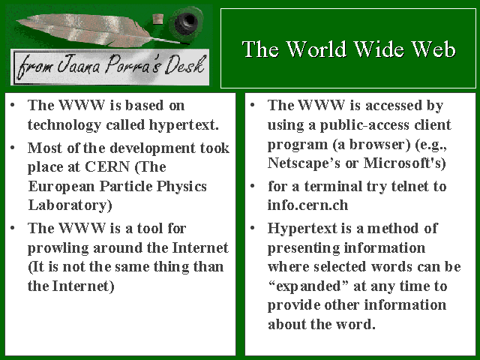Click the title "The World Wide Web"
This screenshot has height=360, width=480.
[349, 49]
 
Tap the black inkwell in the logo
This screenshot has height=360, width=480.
[186, 22]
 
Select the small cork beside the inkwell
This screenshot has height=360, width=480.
[157, 19]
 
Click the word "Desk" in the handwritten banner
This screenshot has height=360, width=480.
[184, 64]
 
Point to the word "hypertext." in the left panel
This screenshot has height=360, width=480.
[184, 125]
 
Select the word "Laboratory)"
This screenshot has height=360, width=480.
[70, 205]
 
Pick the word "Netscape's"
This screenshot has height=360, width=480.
[304, 163]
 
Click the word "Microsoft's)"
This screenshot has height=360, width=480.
[404, 163]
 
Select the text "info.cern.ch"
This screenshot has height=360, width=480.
[307, 205]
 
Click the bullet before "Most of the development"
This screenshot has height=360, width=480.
[13, 148]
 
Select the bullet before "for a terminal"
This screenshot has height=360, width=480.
[253, 186]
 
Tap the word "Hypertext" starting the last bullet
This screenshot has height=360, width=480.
[302, 229]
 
